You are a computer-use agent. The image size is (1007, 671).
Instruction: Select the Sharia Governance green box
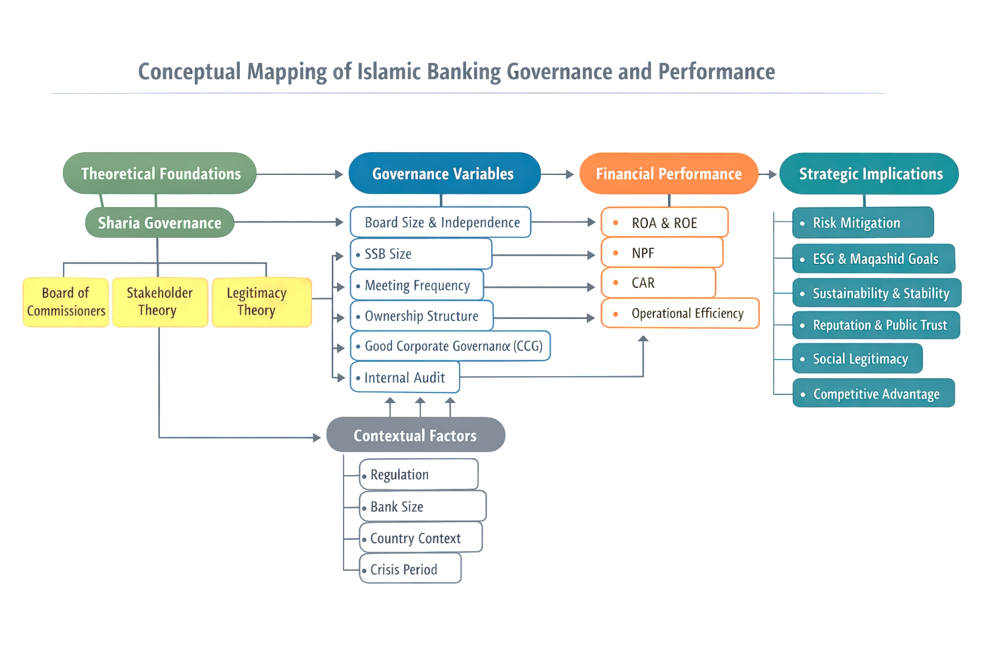point(159,223)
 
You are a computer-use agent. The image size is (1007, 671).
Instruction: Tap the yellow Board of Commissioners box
point(66,302)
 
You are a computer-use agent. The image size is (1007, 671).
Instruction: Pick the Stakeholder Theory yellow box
point(159,302)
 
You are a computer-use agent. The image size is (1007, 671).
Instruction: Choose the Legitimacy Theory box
point(261,302)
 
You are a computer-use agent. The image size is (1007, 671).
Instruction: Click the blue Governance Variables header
point(444,174)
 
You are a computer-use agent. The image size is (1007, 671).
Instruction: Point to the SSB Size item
point(420,254)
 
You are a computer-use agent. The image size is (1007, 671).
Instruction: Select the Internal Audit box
point(405,377)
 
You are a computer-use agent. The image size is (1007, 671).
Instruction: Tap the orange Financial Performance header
point(668,174)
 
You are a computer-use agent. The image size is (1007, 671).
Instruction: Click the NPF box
point(661,253)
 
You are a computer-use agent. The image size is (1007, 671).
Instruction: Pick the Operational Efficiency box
point(680,313)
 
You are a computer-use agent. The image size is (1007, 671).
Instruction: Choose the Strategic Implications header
point(869,174)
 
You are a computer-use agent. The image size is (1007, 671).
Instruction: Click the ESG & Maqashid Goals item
point(873,259)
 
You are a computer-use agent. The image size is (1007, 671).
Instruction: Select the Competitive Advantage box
point(873,394)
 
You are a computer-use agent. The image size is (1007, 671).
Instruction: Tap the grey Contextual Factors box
point(416,435)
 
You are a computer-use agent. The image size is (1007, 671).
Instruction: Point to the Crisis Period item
point(410,569)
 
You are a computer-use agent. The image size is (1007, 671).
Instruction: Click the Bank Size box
point(422,507)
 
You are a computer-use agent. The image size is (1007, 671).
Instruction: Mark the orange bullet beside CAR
point(616,282)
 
